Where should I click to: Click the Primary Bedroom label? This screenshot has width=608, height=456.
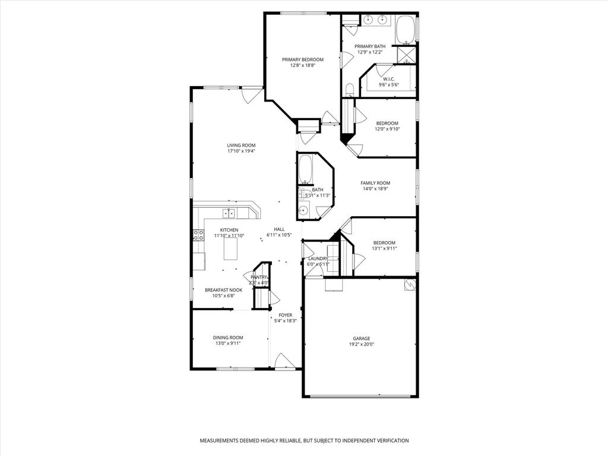click(x=302, y=59)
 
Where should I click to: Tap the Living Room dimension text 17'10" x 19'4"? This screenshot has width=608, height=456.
click(x=241, y=151)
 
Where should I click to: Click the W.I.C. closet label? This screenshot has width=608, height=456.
click(x=388, y=79)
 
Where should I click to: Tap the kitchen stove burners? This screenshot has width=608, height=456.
click(x=198, y=235)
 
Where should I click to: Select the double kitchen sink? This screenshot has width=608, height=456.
click(x=229, y=213)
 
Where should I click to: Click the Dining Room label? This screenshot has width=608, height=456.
click(x=228, y=337)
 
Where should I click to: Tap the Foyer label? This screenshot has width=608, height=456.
click(x=286, y=315)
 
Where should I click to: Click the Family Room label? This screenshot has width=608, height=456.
click(x=375, y=183)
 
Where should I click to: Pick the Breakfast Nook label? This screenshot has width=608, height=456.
click(x=223, y=290)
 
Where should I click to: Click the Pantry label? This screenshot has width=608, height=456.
click(x=259, y=277)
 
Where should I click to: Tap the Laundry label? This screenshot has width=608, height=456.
click(x=318, y=258)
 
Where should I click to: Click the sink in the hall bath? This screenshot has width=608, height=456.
click(x=303, y=210)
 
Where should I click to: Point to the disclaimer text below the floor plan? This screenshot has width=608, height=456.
click(x=304, y=441)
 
